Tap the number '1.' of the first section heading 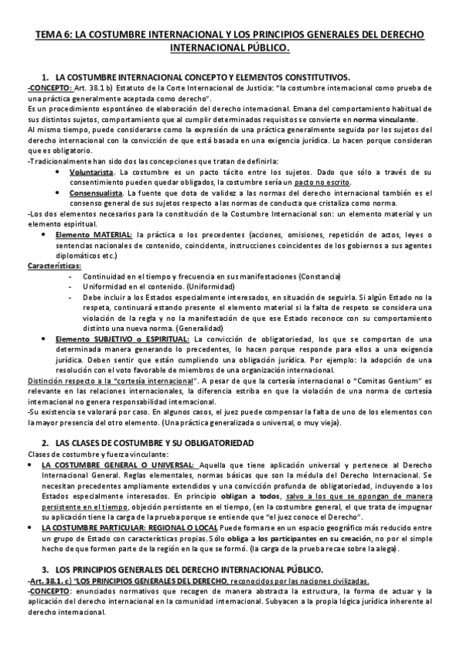(45, 78)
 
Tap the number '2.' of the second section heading (45, 443)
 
